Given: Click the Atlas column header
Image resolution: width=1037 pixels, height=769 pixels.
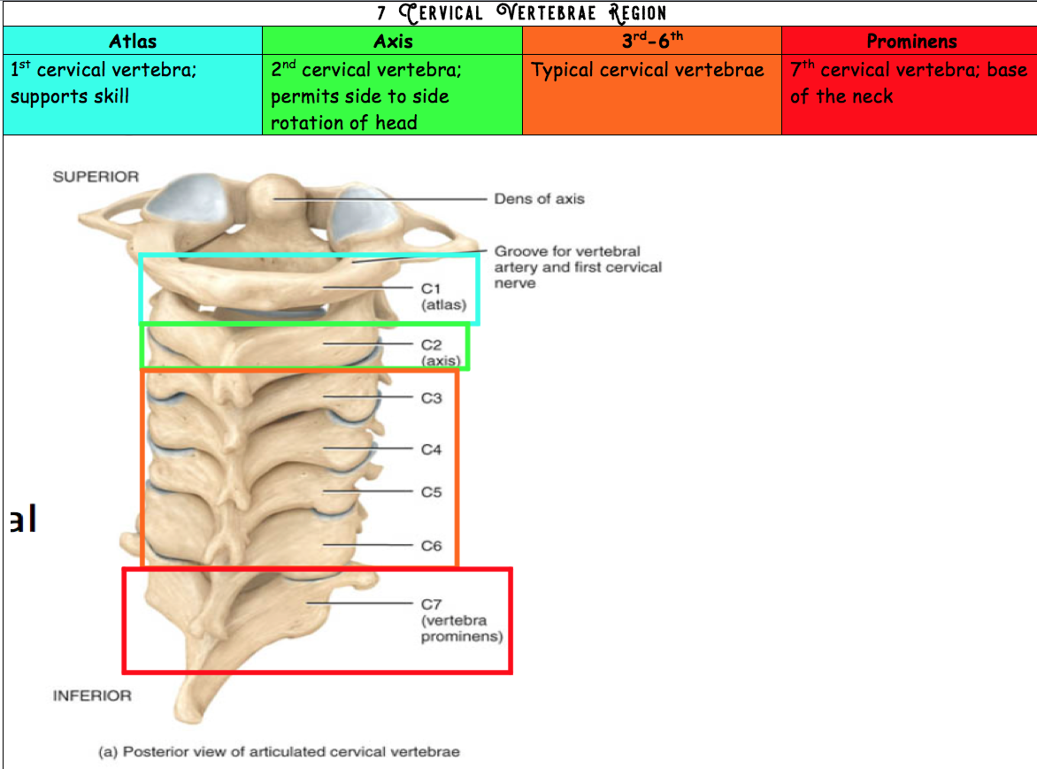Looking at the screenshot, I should pyautogui.click(x=133, y=41).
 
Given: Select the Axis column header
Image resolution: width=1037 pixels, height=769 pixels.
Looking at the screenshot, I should pyautogui.click(x=393, y=41).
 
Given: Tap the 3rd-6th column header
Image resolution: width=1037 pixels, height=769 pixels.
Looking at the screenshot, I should pyautogui.click(x=652, y=41).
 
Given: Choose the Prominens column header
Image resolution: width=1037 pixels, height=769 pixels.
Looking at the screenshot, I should pyautogui.click(x=911, y=41).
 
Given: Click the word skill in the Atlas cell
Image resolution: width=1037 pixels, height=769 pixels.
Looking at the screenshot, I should pyautogui.click(x=104, y=96).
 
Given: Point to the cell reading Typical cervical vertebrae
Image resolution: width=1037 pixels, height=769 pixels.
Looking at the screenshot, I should pyautogui.click(x=648, y=71).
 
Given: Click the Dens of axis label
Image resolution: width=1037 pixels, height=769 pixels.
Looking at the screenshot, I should pyautogui.click(x=539, y=199).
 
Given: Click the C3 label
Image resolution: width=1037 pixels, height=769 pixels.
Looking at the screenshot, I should pyautogui.click(x=431, y=398).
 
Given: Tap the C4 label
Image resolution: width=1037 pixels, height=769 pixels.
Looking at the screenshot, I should pyautogui.click(x=431, y=450).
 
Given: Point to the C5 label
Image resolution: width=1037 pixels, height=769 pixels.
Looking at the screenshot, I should pyautogui.click(x=431, y=492).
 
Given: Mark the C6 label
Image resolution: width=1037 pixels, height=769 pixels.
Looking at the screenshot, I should pyautogui.click(x=431, y=546).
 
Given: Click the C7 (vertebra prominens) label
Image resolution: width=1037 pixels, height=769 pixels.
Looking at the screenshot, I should pyautogui.click(x=461, y=620).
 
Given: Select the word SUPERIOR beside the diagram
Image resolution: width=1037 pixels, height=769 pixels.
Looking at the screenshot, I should pyautogui.click(x=96, y=177).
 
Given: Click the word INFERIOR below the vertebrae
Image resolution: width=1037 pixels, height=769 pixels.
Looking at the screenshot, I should pyautogui.click(x=92, y=696).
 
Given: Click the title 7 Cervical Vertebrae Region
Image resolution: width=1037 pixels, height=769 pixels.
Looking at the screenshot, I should pyautogui.click(x=520, y=13).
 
